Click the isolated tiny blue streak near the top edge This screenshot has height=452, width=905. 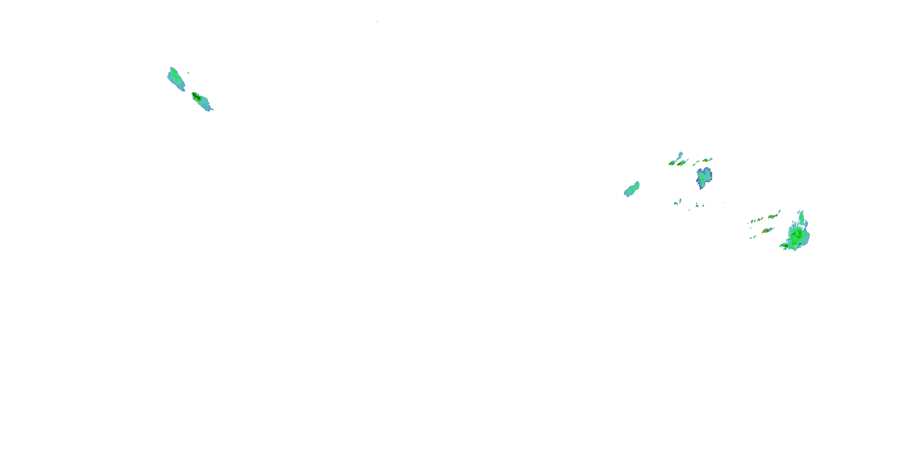(x=377, y=22)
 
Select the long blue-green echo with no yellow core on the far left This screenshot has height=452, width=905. (x=176, y=79)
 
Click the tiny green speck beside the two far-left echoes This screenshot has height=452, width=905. (x=189, y=73)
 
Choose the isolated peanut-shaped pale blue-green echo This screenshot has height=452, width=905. (x=632, y=190)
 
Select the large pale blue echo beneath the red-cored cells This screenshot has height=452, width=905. (x=704, y=177)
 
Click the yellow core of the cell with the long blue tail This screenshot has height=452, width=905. (x=672, y=164)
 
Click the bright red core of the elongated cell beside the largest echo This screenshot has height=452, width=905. (x=764, y=231)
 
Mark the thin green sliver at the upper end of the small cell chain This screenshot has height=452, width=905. (x=780, y=211)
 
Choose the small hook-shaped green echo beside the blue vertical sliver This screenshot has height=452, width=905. (x=676, y=203)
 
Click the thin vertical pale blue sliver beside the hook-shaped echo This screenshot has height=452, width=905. (x=680, y=201)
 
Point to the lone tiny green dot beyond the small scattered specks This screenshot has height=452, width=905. (x=724, y=203)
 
